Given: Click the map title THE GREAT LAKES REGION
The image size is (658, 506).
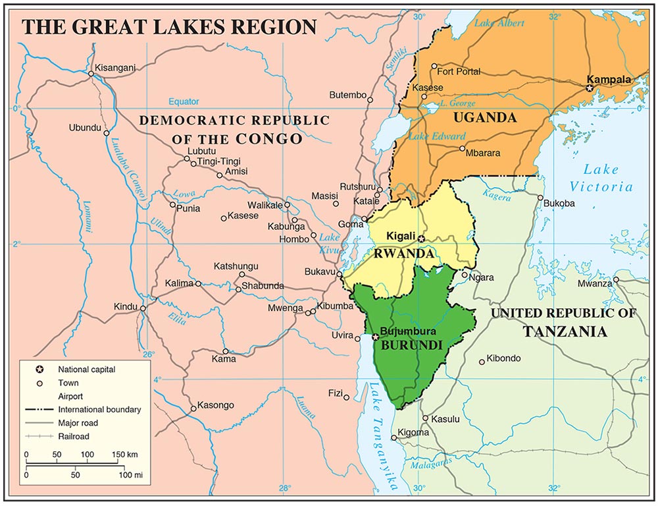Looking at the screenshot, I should point(169,26).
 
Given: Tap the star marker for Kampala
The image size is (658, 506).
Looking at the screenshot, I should point(590,87).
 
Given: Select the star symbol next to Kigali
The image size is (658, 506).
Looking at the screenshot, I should point(422,238).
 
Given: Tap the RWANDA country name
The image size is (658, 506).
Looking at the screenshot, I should point(403,254).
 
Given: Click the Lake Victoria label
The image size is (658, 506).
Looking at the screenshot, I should point(601,178).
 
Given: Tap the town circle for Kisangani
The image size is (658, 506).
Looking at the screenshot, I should point(91,74).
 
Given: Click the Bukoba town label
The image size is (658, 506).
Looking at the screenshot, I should point(559,204).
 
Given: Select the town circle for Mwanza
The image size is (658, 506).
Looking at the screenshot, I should point(617,280).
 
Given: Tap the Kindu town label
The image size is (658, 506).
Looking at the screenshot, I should point(124,306).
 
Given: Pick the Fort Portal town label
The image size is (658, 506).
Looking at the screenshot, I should point(459,71).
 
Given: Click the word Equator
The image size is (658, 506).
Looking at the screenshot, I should point(183,101).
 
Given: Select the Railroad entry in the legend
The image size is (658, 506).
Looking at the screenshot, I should point(73,436).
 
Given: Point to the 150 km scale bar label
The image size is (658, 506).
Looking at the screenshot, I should point(123,455).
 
